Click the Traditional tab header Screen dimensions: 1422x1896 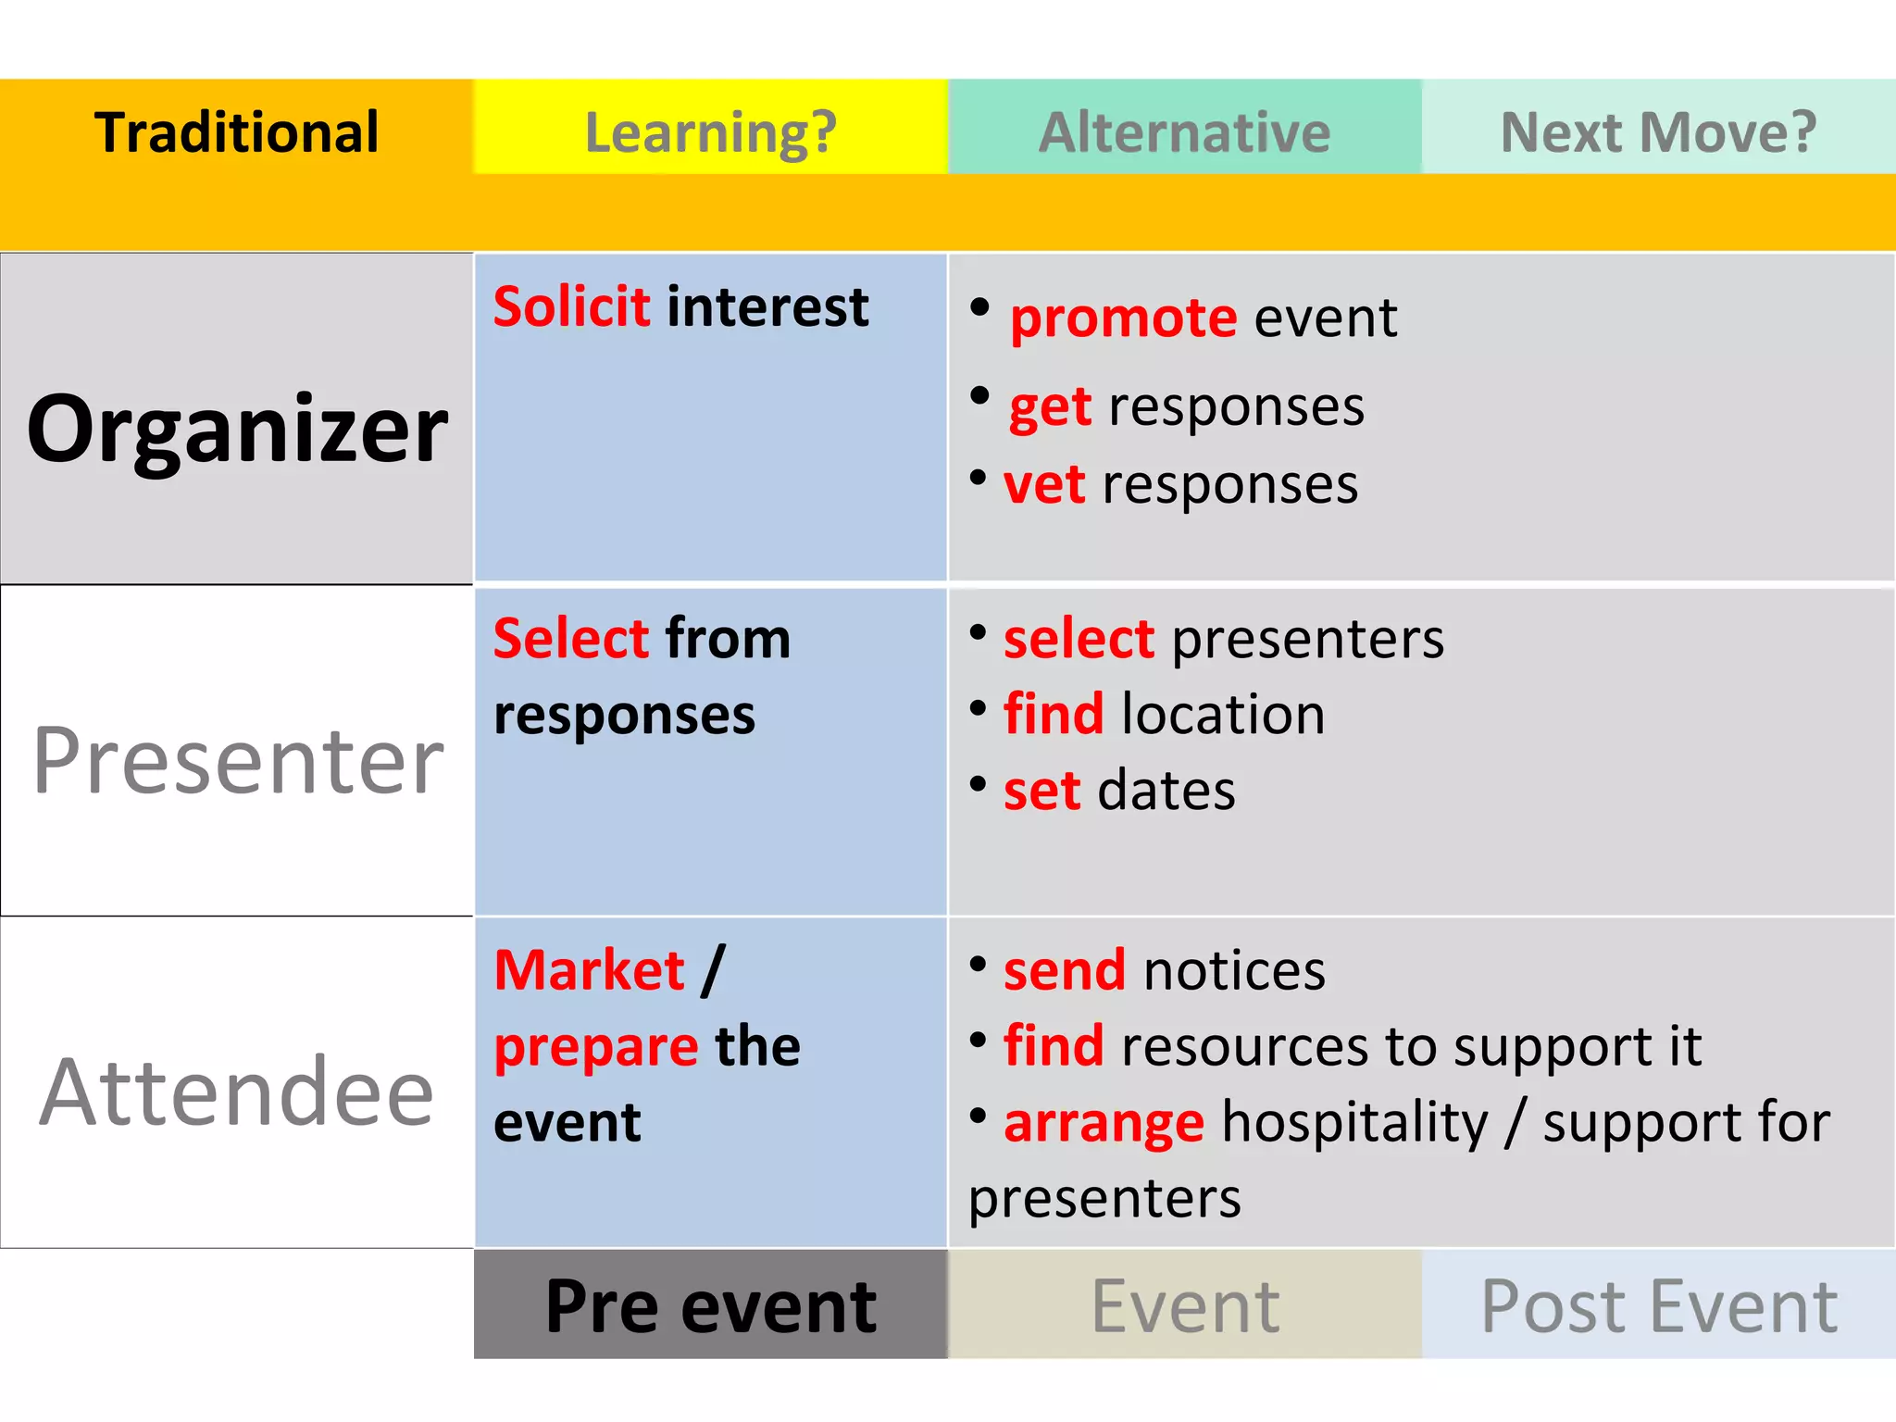(x=236, y=131)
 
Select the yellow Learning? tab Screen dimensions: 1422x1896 (x=710, y=131)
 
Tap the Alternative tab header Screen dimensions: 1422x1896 (x=1184, y=131)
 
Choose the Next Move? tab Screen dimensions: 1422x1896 (x=1658, y=131)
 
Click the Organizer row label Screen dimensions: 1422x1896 (x=237, y=428)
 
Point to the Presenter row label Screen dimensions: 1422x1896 (x=237, y=761)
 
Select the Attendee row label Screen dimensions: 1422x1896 (x=237, y=1092)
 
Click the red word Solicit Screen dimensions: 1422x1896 (x=571, y=306)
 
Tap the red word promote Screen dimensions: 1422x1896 (x=1123, y=318)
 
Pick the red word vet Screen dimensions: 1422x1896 (x=1043, y=484)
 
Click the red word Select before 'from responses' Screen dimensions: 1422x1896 (x=570, y=638)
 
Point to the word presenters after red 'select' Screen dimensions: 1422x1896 (x=1307, y=640)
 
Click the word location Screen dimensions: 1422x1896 (x=1222, y=715)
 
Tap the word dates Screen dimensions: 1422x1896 (x=1166, y=791)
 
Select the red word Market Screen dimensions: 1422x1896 (x=589, y=970)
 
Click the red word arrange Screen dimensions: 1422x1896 (x=1104, y=1122)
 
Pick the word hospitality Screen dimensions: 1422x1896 (x=1354, y=1122)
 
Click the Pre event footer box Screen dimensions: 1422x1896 (x=710, y=1305)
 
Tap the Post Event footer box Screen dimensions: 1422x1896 (x=1658, y=1305)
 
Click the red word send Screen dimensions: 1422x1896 (x=1064, y=970)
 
